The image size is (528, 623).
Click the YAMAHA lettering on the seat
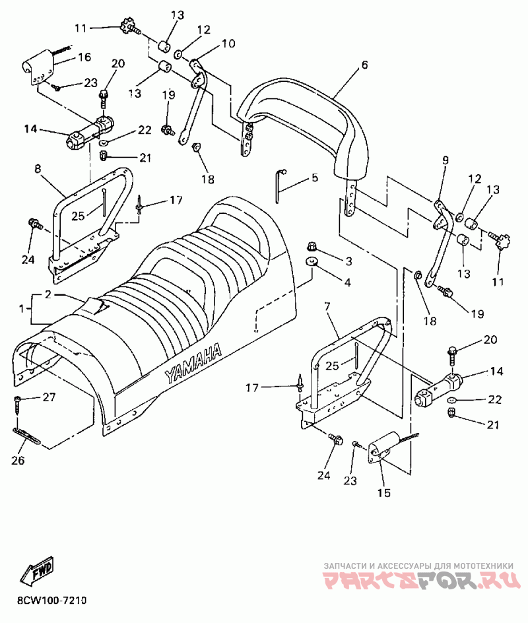(193, 364)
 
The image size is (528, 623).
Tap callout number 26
(18, 460)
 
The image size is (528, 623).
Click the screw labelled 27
(18, 401)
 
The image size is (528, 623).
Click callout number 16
(84, 57)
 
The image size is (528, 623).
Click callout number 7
(327, 307)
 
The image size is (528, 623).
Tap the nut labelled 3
(311, 248)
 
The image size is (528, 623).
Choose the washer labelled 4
(310, 263)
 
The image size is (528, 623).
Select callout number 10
(228, 44)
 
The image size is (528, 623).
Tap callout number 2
(48, 294)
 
